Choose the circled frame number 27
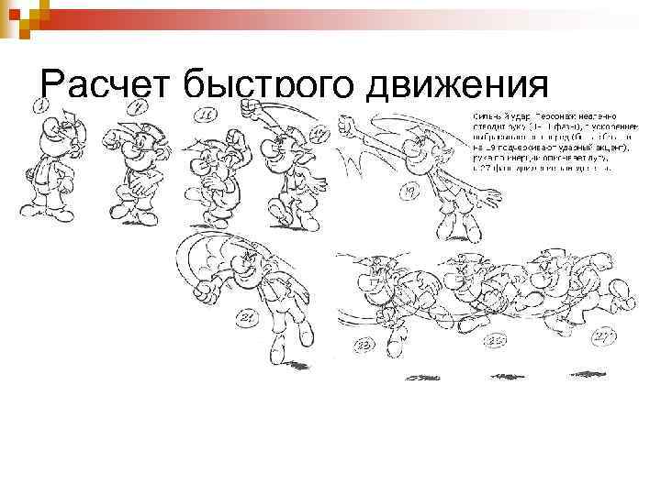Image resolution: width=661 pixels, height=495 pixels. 603,336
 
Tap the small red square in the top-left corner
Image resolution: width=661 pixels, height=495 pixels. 25,15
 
